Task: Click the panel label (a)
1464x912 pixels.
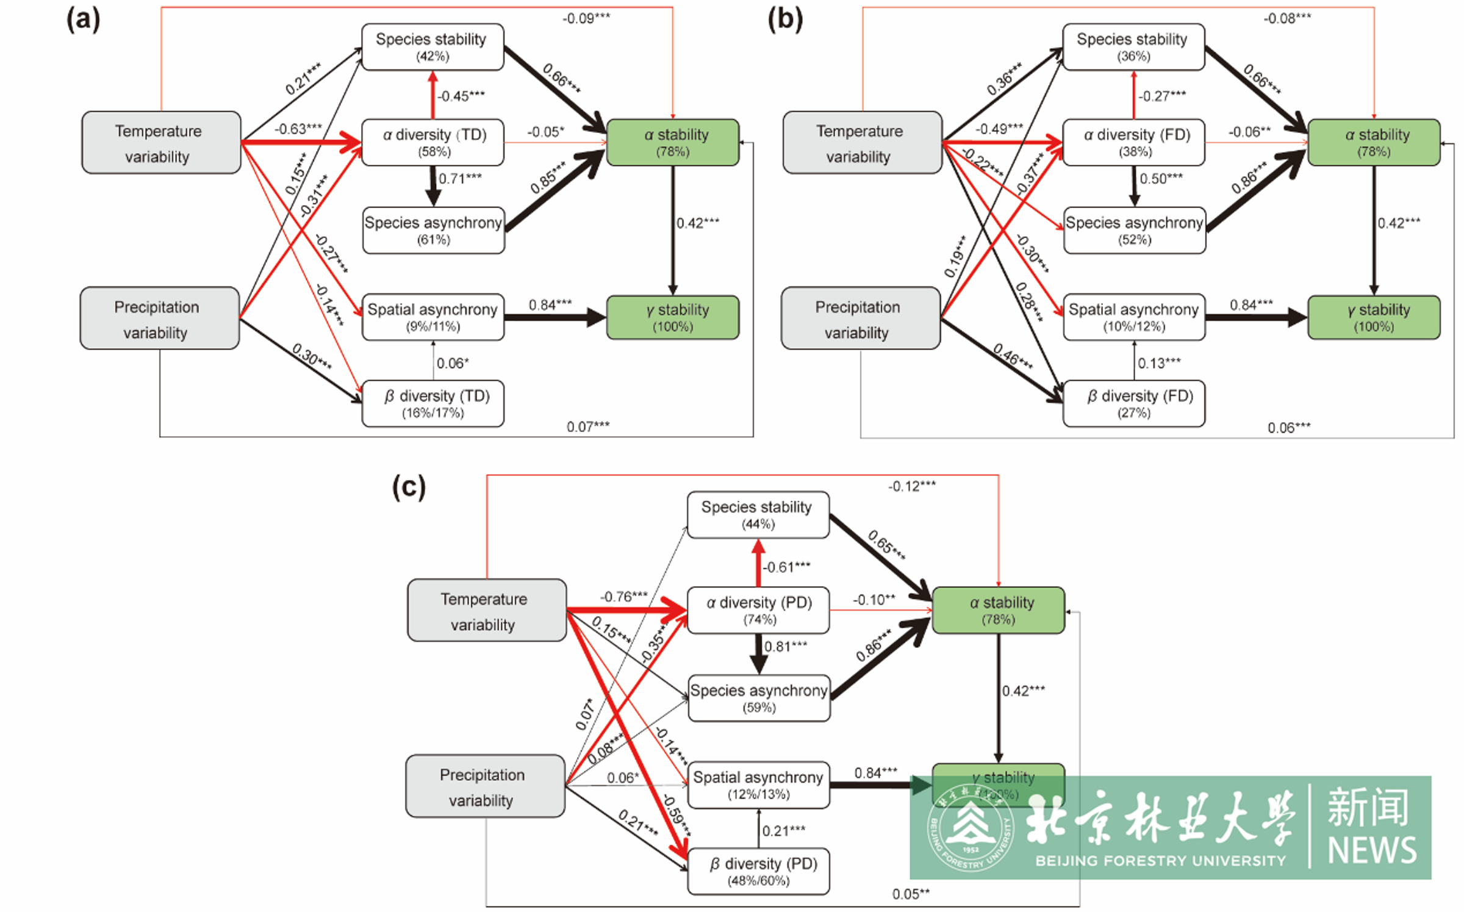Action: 84,20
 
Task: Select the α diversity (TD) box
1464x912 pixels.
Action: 433,142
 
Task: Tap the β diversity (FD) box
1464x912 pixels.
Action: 1134,403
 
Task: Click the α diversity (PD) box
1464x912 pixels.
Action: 758,610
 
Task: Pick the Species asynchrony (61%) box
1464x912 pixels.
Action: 433,230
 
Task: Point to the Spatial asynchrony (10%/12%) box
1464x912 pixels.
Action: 1134,317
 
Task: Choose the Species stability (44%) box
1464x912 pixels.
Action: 758,515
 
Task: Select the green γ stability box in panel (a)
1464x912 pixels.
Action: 673,317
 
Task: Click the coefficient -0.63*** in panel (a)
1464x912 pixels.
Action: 298,129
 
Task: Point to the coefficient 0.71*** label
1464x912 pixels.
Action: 460,178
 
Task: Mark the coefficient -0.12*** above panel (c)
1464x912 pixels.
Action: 911,486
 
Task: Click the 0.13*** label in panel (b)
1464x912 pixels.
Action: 1159,363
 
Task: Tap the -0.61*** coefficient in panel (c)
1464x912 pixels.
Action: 787,567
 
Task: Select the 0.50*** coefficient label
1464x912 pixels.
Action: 1161,178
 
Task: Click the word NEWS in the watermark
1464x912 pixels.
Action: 1372,850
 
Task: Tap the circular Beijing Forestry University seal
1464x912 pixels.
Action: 971,827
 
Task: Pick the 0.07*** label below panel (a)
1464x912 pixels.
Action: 588,426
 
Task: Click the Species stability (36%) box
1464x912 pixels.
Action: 1133,47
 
